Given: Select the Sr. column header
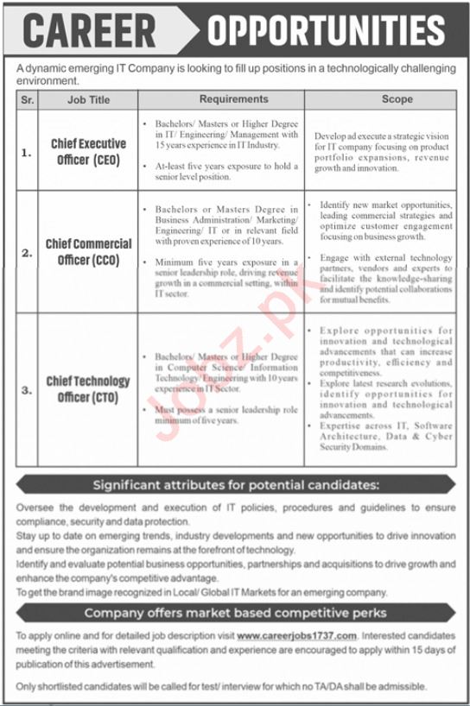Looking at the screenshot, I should point(28,100).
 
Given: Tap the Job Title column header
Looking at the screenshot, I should point(89,100).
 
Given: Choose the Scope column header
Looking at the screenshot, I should point(397,100).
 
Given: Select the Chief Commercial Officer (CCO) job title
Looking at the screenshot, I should point(89,251).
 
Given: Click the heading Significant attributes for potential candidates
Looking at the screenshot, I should point(235,485).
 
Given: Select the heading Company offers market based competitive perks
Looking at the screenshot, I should point(235,614).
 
